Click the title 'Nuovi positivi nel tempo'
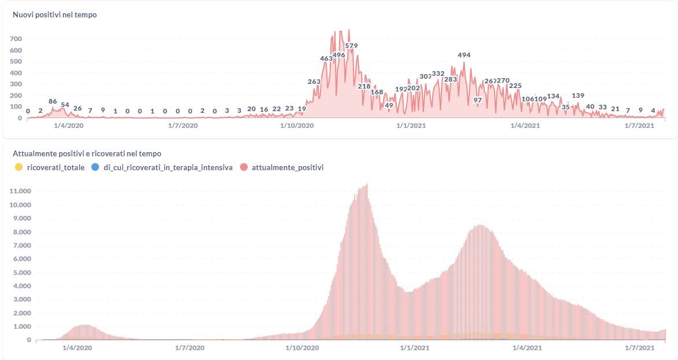54,15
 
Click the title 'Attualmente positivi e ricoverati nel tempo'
87,154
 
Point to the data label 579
351,46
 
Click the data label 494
464,56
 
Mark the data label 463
326,58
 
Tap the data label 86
53,102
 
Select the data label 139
578,96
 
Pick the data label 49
389,105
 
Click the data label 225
515,86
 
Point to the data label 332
438,74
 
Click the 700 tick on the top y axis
16,39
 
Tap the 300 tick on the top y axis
16,84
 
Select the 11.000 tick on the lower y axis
20,191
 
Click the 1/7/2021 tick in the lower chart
639,348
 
